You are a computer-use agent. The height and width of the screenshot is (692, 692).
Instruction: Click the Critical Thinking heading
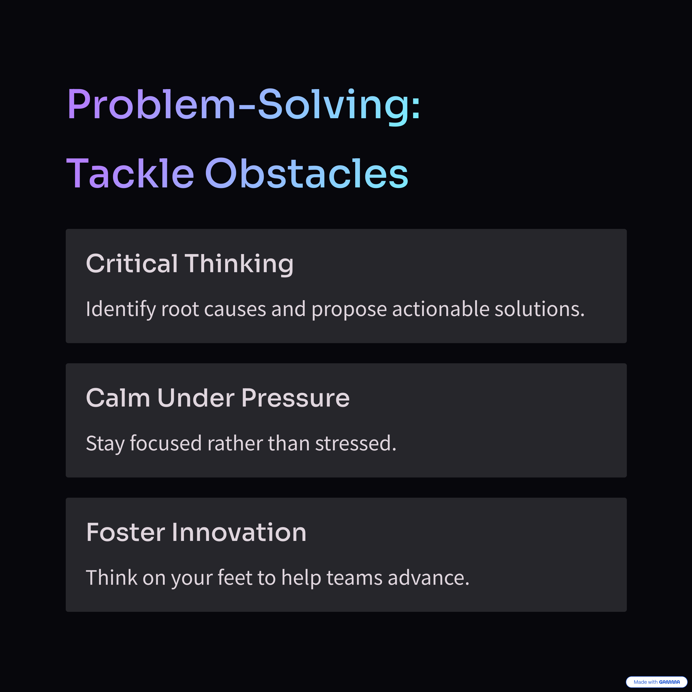click(190, 264)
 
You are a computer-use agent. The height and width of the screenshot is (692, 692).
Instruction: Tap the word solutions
click(539, 309)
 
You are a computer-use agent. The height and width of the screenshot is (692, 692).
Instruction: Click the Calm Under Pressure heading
click(218, 398)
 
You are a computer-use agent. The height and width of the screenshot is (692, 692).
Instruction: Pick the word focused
click(166, 443)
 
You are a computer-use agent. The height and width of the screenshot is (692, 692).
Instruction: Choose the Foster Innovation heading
click(196, 532)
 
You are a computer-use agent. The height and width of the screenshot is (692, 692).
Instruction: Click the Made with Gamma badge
click(657, 682)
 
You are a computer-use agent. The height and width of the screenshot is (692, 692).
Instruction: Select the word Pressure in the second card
click(296, 398)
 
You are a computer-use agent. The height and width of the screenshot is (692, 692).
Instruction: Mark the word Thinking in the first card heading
click(239, 264)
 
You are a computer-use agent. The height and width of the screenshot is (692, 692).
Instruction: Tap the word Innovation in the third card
click(239, 532)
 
